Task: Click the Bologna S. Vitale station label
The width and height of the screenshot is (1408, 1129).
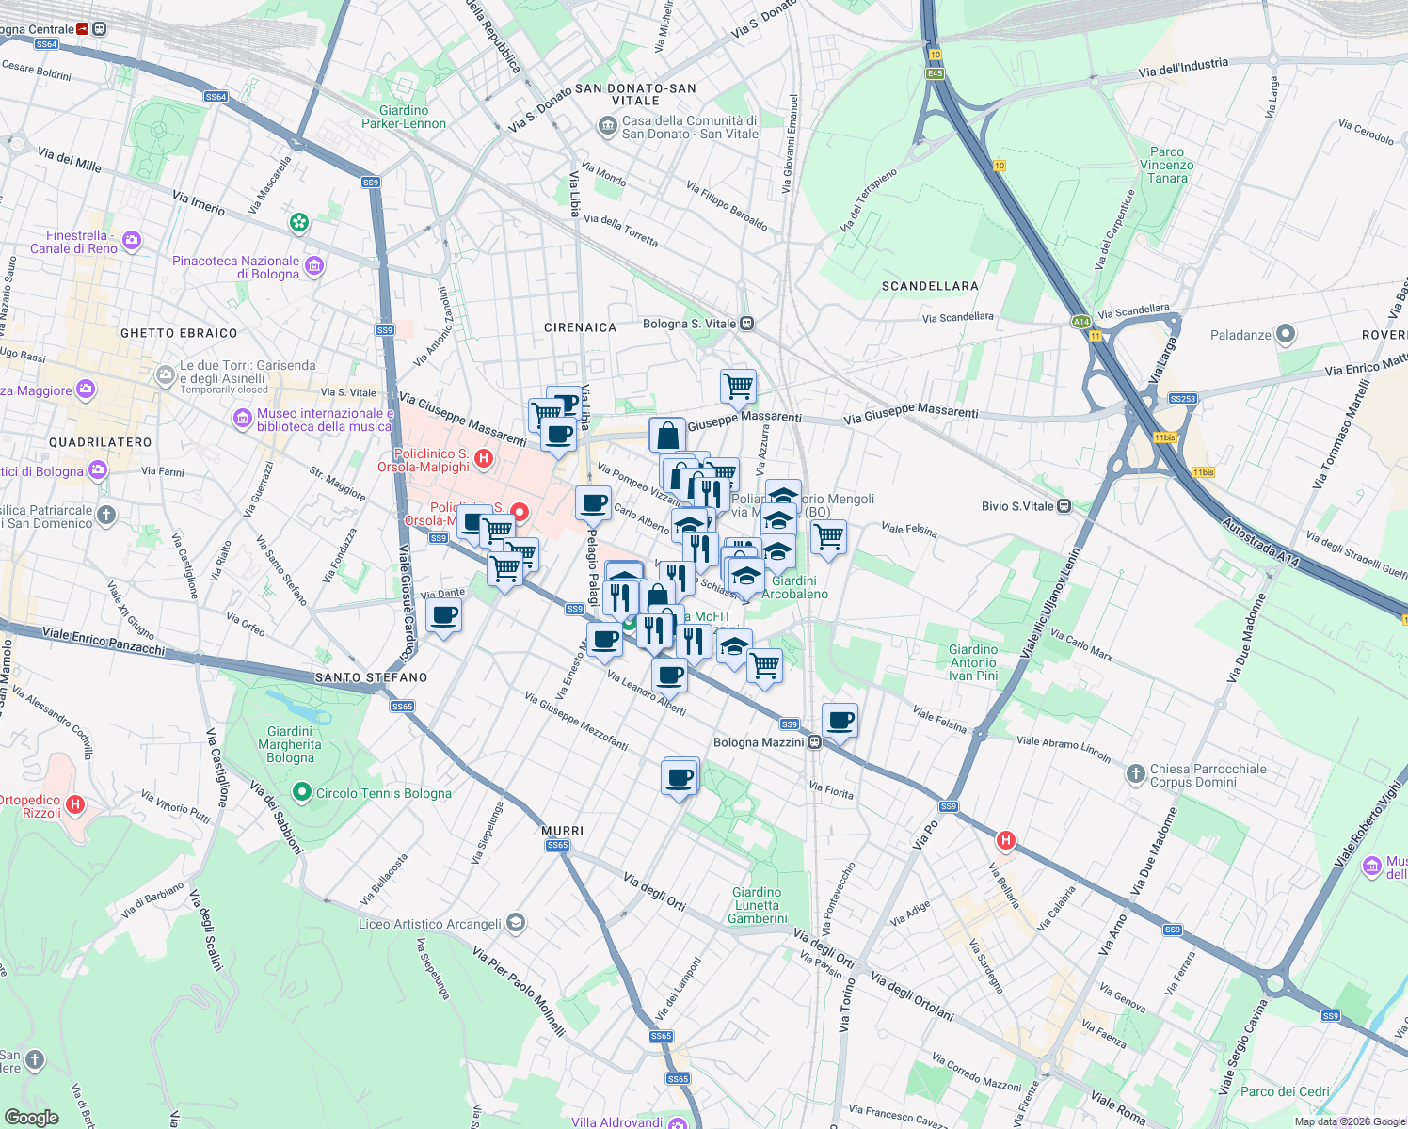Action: (x=690, y=324)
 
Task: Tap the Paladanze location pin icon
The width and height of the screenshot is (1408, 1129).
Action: (x=1286, y=334)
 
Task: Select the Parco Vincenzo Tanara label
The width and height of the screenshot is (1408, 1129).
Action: (x=1167, y=165)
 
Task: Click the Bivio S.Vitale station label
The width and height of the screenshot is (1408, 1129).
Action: (x=1017, y=506)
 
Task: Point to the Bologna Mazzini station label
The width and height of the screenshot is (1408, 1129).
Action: (x=759, y=742)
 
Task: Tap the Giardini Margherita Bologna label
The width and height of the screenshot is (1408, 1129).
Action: (x=290, y=744)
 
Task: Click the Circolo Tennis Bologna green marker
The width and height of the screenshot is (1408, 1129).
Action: (x=302, y=793)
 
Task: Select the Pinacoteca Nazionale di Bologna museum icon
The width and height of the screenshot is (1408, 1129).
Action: (x=315, y=266)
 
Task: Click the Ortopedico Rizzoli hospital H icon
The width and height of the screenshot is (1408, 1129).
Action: (x=76, y=804)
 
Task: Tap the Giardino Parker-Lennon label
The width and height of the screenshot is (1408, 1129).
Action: (x=404, y=117)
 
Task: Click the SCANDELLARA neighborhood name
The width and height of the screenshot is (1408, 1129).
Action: (x=930, y=286)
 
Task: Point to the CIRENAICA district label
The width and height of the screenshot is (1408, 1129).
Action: (x=580, y=327)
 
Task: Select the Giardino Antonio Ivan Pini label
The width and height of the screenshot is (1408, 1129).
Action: (x=973, y=662)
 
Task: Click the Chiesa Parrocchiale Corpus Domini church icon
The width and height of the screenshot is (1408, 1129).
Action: (x=1136, y=774)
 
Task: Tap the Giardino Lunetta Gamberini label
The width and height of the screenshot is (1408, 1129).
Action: (x=758, y=905)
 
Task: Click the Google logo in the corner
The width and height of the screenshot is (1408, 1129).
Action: (x=31, y=1117)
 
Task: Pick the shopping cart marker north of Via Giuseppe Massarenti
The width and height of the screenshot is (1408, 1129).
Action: (x=738, y=385)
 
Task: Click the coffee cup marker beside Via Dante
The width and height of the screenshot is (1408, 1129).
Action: (x=443, y=616)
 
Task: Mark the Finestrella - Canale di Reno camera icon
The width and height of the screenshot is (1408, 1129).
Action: (x=132, y=241)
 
